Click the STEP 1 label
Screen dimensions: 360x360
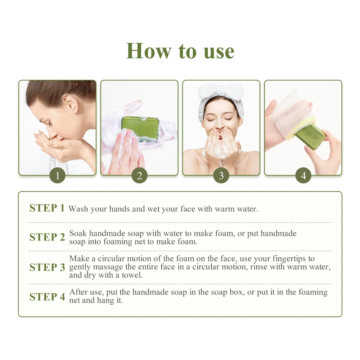point(47,208)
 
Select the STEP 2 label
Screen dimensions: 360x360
point(47,237)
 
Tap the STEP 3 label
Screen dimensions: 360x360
point(47,267)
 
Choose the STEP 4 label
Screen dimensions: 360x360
point(47,297)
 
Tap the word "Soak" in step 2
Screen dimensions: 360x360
point(78,233)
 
